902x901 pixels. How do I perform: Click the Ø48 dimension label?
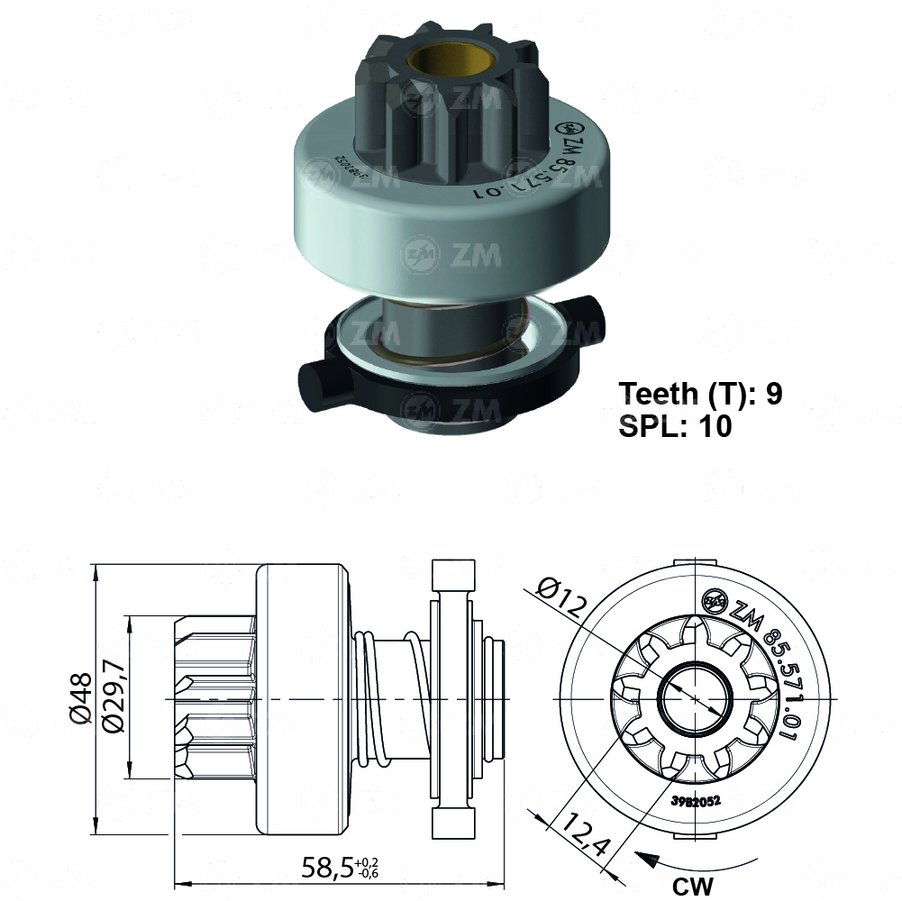[80, 698]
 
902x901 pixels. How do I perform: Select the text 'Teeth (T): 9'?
[700, 394]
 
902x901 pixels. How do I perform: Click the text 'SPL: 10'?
[675, 426]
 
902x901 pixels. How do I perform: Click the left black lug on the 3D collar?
[315, 381]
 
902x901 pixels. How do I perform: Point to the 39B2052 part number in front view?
[694, 800]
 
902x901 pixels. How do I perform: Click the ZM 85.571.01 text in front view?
[757, 658]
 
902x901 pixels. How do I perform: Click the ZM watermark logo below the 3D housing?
[451, 255]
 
